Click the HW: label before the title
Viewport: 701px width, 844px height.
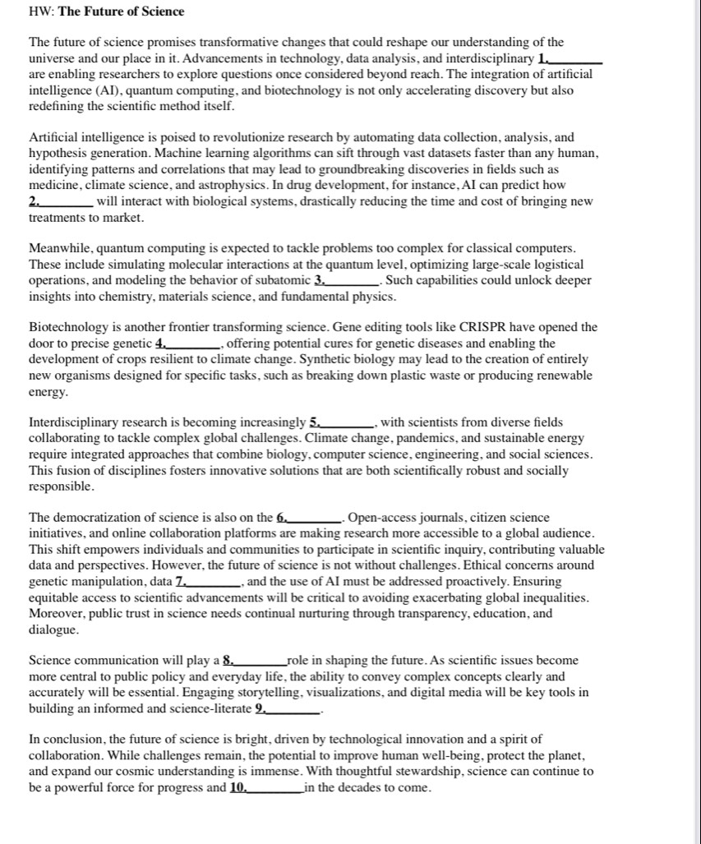(41, 12)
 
